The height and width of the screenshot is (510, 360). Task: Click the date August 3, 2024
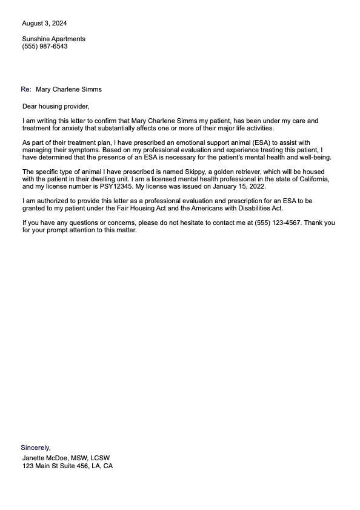click(44, 24)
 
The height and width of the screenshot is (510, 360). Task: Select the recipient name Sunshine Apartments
click(53, 39)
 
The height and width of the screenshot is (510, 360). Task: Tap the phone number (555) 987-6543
click(45, 46)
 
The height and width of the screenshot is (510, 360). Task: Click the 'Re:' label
click(26, 89)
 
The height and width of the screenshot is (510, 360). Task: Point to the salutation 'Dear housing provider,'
click(55, 107)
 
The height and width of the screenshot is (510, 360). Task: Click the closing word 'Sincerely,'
click(36, 448)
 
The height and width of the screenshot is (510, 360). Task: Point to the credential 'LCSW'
click(99, 458)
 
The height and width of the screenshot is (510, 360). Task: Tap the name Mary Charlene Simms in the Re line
click(69, 89)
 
